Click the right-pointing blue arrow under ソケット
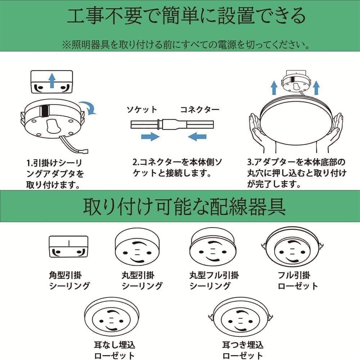click(150, 136)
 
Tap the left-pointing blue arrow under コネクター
click(197, 136)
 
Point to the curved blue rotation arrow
click(88, 107)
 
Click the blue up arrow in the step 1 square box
click(52, 80)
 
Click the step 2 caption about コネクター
click(176, 168)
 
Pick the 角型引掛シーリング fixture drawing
click(68, 247)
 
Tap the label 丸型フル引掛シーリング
click(214, 280)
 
